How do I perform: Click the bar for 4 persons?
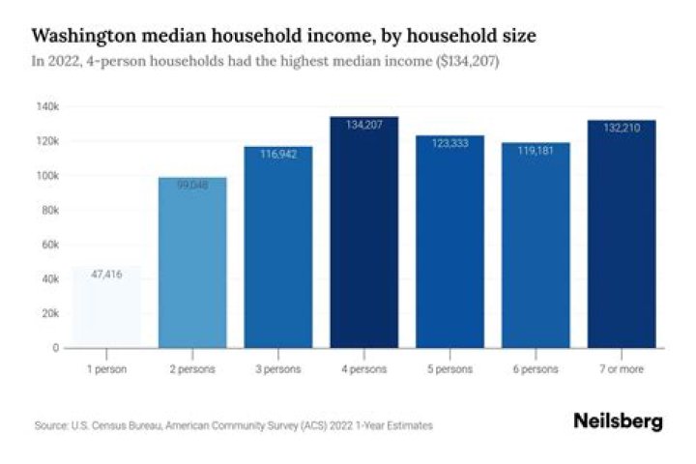pos(364,232)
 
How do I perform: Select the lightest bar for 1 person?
pos(106,306)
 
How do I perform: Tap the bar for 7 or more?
pos(622,234)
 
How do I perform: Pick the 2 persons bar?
pos(192,262)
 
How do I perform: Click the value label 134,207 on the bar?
pos(364,125)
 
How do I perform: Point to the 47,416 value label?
pos(106,275)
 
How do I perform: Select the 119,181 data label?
pos(536,151)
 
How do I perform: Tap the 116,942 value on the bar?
pos(278,155)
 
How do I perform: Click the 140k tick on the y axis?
pos(48,106)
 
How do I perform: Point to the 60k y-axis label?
pos(50,245)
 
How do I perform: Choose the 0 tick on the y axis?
pos(56,348)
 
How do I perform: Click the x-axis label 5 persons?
pos(449,369)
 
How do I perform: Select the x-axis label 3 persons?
pos(278,369)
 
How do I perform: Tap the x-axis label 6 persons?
pos(536,369)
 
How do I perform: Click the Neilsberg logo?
pos(619,420)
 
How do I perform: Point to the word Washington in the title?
pos(84,36)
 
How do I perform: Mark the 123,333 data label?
pos(449,143)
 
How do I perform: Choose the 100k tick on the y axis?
pos(48,176)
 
